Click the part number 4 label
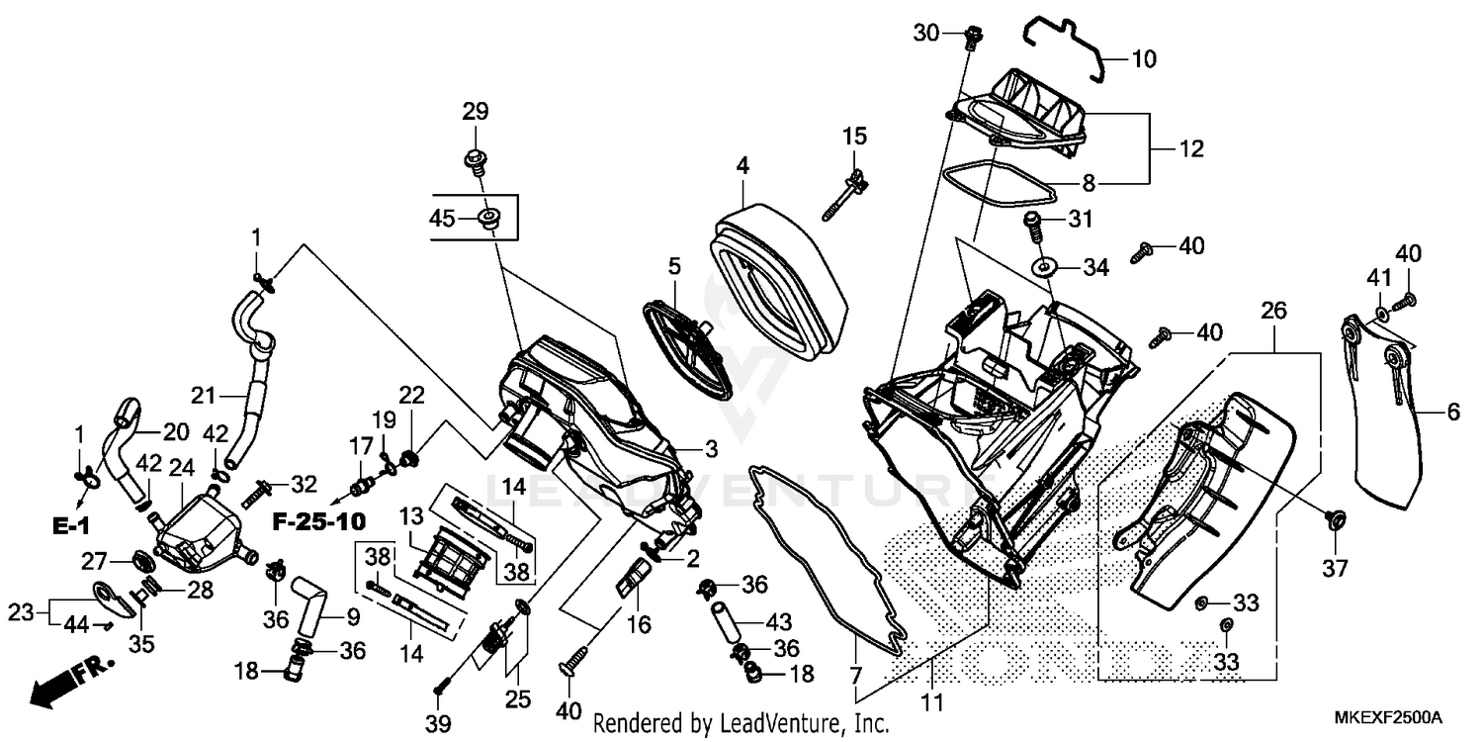[741, 165]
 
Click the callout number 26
[1273, 311]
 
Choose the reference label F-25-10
[319, 520]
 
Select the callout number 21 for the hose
[203, 397]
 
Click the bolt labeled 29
[475, 161]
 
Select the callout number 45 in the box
[441, 219]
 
